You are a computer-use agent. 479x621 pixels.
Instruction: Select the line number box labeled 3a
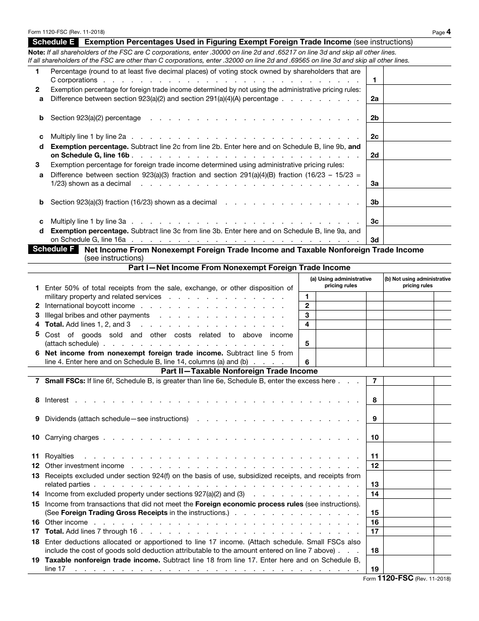[375, 184]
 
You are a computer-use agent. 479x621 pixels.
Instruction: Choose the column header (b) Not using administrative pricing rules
[417, 282]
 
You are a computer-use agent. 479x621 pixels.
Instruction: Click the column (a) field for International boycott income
[341, 306]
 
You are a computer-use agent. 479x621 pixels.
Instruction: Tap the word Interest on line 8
[56, 400]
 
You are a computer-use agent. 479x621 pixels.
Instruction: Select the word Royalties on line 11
[59, 456]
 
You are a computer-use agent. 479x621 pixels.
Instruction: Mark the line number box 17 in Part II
[375, 532]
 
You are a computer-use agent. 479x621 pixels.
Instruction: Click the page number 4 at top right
[448, 32]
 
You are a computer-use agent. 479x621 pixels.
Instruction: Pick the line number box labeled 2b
[375, 118]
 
